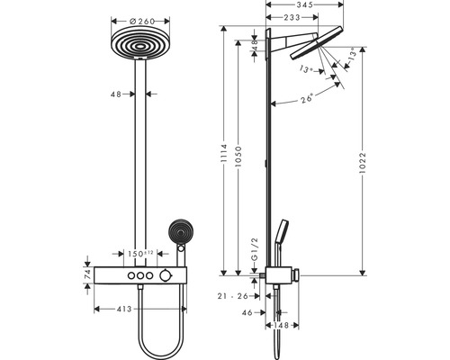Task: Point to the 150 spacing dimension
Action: pyautogui.click(x=139, y=253)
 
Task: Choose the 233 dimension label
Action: pyautogui.click(x=292, y=17)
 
